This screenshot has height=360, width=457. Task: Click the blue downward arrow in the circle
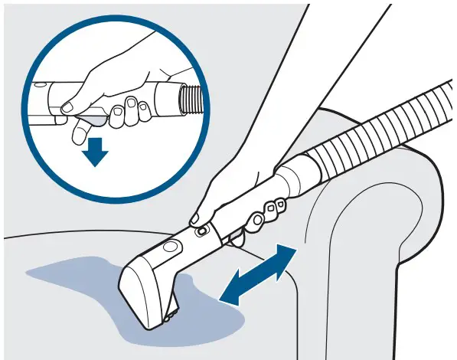coord(96,153)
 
